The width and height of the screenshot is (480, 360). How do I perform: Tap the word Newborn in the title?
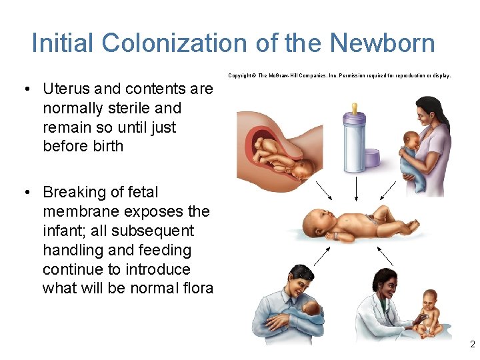[x=382, y=43]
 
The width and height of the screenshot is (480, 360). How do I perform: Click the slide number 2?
[x=472, y=345]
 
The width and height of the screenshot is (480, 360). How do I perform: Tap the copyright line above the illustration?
[x=340, y=76]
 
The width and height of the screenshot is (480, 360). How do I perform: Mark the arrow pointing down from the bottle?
[x=357, y=188]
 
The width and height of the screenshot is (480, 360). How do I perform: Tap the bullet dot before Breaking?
[x=25, y=193]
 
